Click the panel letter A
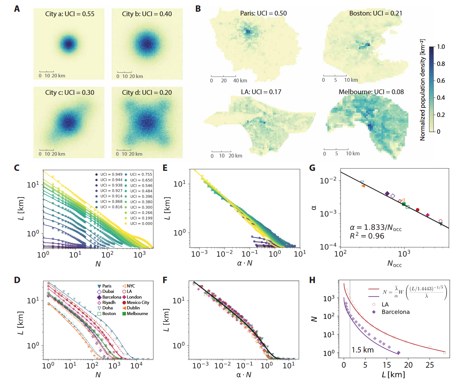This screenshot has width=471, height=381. (17, 9)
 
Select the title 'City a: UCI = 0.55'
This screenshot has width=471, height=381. (70, 14)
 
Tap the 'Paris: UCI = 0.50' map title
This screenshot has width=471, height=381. (263, 13)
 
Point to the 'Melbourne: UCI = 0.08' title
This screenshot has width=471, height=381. (371, 92)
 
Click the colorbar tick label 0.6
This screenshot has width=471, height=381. (441, 81)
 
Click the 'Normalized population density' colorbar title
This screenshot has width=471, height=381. (422, 90)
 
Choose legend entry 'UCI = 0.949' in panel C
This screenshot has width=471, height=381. (111, 174)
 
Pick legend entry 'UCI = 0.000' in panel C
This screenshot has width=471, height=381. (141, 223)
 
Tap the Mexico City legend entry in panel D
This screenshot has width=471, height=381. (138, 302)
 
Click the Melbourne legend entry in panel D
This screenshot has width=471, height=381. (137, 313)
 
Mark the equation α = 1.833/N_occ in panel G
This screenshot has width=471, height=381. (376, 228)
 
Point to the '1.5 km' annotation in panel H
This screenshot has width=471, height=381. (363, 350)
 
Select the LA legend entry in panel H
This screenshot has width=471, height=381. (385, 305)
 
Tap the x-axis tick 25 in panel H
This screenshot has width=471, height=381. (430, 365)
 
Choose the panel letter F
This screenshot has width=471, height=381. (165, 280)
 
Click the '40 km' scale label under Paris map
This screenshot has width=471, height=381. (240, 81)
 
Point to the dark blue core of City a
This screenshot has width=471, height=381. (69, 43)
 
